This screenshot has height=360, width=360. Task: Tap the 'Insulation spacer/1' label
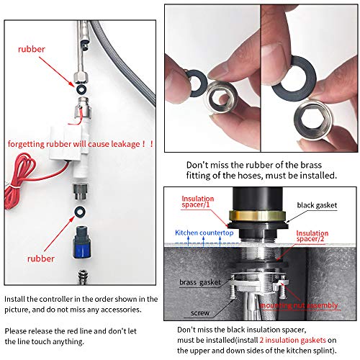(x=197, y=202)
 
